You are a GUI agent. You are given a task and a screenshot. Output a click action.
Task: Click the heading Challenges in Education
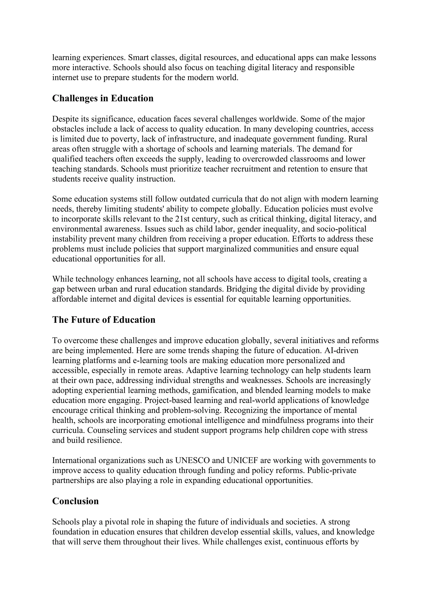click(x=103, y=98)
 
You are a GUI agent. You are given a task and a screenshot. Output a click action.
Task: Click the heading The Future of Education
click(x=104, y=320)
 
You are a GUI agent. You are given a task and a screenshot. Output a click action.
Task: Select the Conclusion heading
click(x=75, y=501)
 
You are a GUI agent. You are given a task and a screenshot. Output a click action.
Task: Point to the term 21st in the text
click(x=182, y=219)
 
